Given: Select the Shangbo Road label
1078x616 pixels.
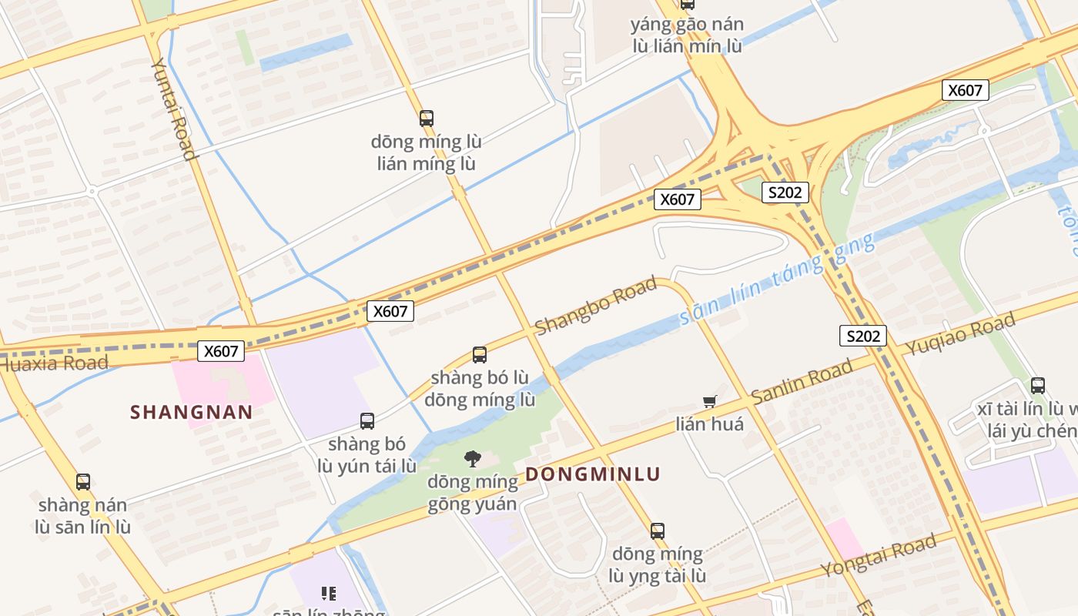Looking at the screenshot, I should [x=596, y=306].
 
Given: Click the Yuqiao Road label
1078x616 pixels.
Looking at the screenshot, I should [x=960, y=335].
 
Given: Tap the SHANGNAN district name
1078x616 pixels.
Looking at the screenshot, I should [x=192, y=412].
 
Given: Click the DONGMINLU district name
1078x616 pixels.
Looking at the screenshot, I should [x=593, y=474].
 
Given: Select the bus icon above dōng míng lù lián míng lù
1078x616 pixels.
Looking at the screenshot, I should [x=427, y=119].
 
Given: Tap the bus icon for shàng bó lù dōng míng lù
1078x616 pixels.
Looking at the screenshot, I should [x=480, y=355].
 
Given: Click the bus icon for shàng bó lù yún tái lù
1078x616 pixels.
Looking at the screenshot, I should [x=367, y=421].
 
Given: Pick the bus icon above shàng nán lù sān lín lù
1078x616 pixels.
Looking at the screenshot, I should [x=83, y=482].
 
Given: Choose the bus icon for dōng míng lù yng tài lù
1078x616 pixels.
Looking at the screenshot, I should [x=658, y=531].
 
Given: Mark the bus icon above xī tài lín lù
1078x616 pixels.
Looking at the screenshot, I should [x=1038, y=386].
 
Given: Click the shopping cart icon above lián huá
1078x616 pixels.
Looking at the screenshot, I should [x=710, y=401].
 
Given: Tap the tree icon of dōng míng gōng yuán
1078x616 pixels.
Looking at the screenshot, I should [x=473, y=459].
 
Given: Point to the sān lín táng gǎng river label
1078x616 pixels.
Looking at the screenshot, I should [x=778, y=281].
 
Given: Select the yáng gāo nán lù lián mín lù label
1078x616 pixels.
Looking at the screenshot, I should [x=687, y=35].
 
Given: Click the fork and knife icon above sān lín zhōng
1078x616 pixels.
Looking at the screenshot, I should [x=329, y=593].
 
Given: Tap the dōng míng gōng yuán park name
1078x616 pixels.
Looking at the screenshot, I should [x=473, y=493].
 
